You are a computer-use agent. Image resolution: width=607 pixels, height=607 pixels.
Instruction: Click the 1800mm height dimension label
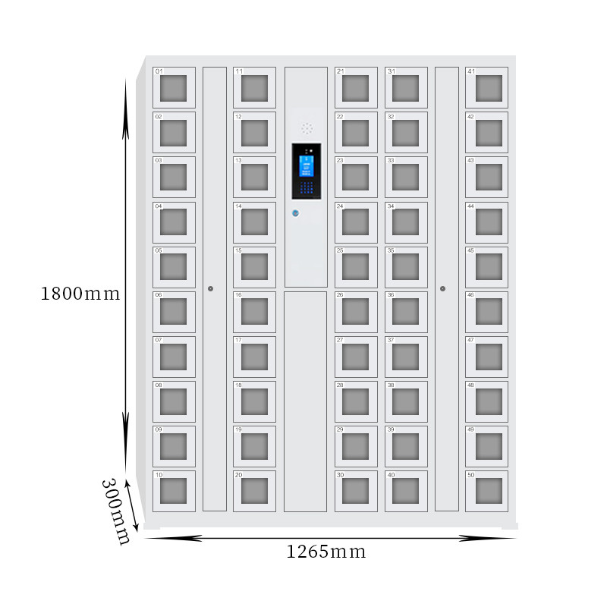pyautogui.click(x=80, y=294)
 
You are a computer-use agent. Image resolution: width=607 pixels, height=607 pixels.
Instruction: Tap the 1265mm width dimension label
pyautogui.click(x=326, y=552)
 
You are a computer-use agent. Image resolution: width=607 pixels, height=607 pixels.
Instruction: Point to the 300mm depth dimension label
pyautogui.click(x=116, y=511)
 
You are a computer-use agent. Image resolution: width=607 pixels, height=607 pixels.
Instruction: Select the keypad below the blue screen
pyautogui.click(x=307, y=187)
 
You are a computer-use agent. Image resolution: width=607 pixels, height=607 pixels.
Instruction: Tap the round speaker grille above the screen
pyautogui.click(x=307, y=129)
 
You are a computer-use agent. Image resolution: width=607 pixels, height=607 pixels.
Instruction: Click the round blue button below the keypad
pyautogui.click(x=296, y=213)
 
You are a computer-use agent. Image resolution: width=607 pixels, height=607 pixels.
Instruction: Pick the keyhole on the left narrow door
pyautogui.click(x=210, y=288)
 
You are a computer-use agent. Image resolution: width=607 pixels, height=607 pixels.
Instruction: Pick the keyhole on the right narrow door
pyautogui.click(x=442, y=288)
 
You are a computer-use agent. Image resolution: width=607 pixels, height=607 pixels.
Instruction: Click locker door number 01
pyautogui.click(x=174, y=88)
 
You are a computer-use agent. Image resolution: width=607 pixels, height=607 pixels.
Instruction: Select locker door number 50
pyautogui.click(x=486, y=491)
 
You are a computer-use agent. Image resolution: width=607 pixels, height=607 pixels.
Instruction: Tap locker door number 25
pyautogui.click(x=356, y=266)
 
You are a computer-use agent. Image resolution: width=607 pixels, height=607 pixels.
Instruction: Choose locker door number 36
pyautogui.click(x=406, y=311)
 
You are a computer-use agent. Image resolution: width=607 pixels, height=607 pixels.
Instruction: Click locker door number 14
pyautogui.click(x=254, y=222)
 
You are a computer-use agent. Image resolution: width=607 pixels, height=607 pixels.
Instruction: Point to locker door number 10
pyautogui.click(x=174, y=491)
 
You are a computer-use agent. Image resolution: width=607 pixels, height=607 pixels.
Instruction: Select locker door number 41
pyautogui.click(x=486, y=88)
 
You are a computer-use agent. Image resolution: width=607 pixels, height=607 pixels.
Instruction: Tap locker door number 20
pyautogui.click(x=254, y=491)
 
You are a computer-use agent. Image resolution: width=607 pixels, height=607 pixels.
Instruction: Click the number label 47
pyautogui.click(x=470, y=341)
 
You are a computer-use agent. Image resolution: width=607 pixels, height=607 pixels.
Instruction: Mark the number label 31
pyautogui.click(x=392, y=72)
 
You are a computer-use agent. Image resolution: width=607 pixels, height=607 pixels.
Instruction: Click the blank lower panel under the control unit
pyautogui.click(x=305, y=401)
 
